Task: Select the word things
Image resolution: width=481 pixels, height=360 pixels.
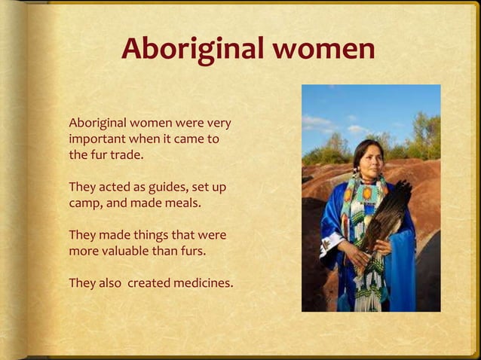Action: pyautogui.click(x=150, y=235)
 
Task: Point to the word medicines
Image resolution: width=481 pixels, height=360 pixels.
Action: pyautogui.click(x=204, y=283)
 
